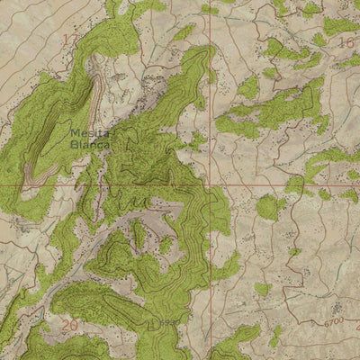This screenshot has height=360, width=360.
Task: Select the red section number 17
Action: [71, 40]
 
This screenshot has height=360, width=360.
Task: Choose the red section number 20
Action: [68, 324]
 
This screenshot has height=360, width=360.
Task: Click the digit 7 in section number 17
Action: [76, 40]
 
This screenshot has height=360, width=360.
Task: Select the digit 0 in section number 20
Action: [74, 324]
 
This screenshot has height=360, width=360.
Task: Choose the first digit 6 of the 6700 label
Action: [325, 322]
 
